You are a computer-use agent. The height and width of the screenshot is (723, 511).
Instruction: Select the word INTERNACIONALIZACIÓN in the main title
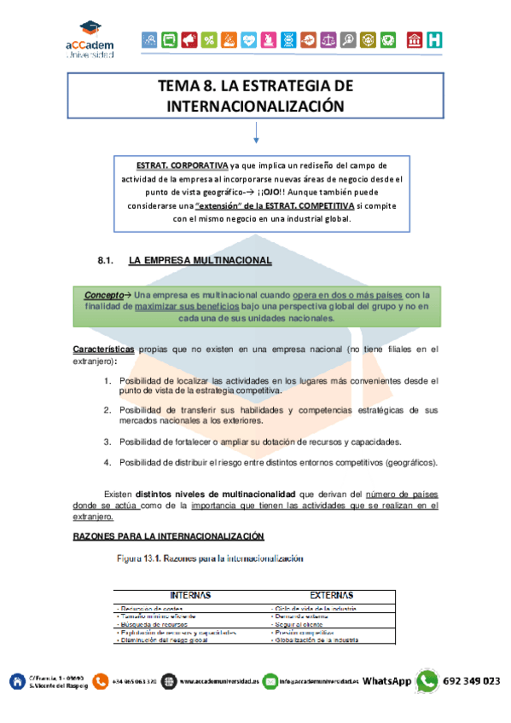tap(255, 107)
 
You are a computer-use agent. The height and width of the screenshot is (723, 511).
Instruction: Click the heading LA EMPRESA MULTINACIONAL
tap(200, 259)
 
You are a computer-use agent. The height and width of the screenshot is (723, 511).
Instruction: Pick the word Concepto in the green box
tap(103, 294)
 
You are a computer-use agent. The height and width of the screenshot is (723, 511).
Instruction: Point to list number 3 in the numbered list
tap(108, 442)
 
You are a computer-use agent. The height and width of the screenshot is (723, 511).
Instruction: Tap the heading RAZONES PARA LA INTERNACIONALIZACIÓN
tap(167, 535)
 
